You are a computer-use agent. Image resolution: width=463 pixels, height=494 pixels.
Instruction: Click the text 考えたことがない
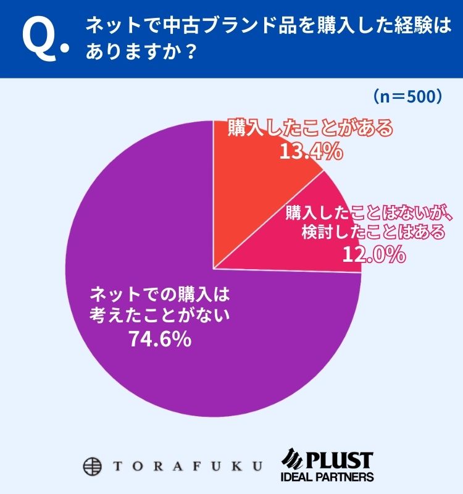[x=159, y=315]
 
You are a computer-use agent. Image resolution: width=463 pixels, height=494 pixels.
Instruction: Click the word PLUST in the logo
[x=344, y=459]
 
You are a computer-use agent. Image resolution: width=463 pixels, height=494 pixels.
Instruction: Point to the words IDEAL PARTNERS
[x=327, y=477]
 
